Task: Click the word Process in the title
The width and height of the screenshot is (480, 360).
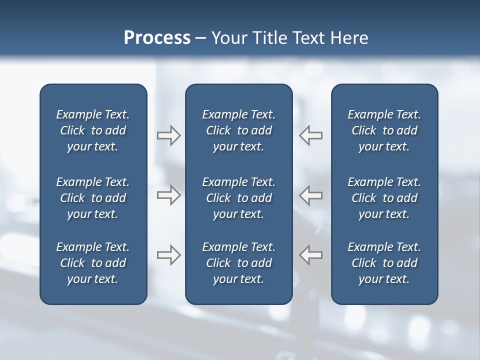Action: click(157, 38)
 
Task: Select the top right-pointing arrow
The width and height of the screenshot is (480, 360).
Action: click(168, 135)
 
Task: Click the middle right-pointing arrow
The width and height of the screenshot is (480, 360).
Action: click(168, 195)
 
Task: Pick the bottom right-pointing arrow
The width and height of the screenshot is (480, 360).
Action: click(168, 255)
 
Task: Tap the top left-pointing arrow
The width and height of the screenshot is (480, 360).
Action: click(311, 135)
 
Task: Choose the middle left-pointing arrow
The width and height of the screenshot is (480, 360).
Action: click(311, 195)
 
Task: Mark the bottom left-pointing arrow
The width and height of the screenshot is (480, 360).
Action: click(311, 255)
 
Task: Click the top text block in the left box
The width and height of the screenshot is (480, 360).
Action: click(93, 130)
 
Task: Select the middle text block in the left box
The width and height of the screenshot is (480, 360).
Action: click(93, 198)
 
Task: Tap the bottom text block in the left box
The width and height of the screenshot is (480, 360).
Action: click(93, 263)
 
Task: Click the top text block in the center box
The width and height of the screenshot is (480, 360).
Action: click(238, 130)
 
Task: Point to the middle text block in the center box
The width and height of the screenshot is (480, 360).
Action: click(238, 198)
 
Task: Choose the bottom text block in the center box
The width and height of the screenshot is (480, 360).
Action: click(238, 263)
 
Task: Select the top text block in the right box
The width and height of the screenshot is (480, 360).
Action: click(384, 130)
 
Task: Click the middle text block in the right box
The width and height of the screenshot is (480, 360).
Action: click(384, 198)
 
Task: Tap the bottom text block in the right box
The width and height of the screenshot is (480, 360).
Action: click(384, 263)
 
